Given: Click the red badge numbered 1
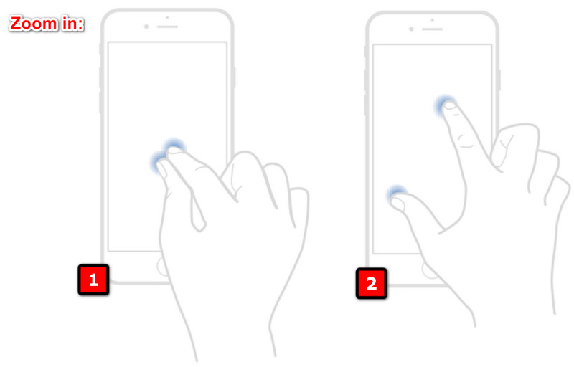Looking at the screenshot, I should coord(93,280).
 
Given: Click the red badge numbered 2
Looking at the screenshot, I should coord(371,283).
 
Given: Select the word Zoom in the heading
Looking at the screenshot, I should coord(33,24).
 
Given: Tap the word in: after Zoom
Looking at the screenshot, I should coord(72,24).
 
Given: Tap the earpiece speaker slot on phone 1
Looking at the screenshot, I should coord(167,27).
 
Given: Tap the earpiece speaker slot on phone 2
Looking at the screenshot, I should coord(432,29).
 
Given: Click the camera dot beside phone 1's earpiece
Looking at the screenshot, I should coord(146,27).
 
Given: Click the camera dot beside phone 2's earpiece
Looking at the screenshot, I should coord(411,29).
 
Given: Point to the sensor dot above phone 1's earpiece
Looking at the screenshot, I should coord(167,17).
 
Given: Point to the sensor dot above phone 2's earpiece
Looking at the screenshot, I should coord(432,19).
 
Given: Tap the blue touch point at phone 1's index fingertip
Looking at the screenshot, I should coord(174,148).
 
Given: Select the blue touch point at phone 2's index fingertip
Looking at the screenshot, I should coord(446,106).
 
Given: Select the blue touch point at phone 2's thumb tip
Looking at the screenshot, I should coord(396,194).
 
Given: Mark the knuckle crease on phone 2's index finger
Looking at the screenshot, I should coord(466,143).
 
